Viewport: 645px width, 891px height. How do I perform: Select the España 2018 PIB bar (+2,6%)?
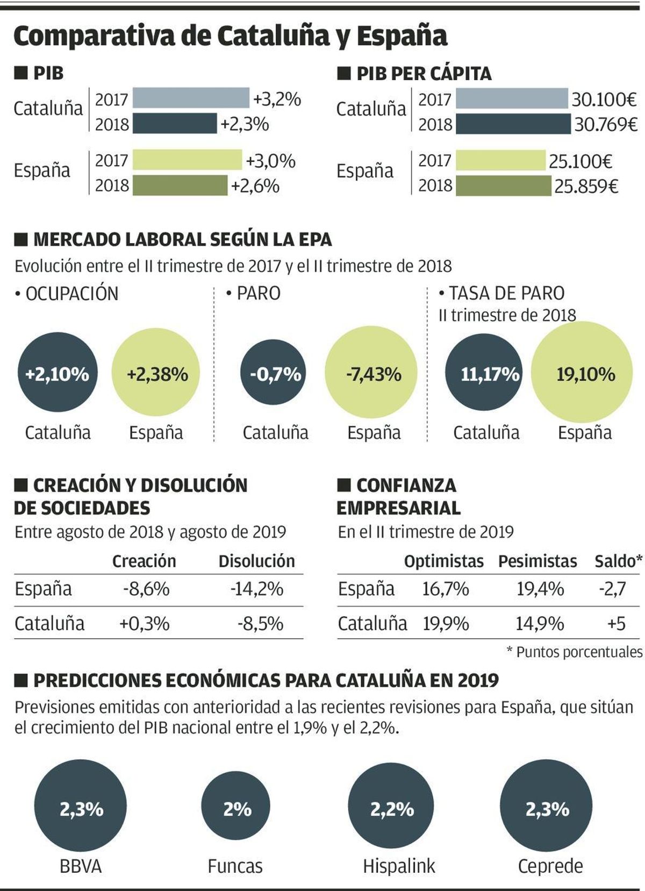(x=180, y=186)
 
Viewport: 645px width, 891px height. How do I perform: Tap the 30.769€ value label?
(x=606, y=125)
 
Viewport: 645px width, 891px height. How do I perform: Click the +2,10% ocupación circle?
(x=58, y=374)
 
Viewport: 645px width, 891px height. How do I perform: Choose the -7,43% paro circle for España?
(x=371, y=374)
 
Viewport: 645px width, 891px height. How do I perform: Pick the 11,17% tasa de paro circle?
(x=484, y=374)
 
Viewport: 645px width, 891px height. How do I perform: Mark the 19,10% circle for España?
(x=582, y=374)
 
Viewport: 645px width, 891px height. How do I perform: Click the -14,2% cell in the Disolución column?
(x=256, y=589)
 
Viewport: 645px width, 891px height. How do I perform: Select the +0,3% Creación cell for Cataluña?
(x=144, y=623)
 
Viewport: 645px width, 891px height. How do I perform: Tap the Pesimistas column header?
(x=537, y=561)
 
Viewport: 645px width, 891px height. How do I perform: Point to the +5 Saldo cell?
(x=616, y=623)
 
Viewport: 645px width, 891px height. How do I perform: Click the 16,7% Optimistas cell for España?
(x=445, y=589)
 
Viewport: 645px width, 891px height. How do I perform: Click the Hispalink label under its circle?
(x=399, y=866)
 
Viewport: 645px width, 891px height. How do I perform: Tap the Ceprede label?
(x=550, y=866)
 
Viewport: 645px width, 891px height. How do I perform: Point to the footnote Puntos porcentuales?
(x=579, y=652)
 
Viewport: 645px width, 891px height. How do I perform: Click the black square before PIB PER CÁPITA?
(x=343, y=73)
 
